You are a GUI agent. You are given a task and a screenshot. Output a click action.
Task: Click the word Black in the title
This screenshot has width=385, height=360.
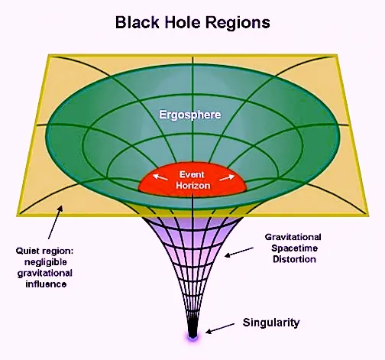[137, 22]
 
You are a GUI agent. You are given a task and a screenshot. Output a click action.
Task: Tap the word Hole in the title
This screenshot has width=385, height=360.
[182, 22]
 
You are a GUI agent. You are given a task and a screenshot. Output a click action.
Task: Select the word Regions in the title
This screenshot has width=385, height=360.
[238, 23]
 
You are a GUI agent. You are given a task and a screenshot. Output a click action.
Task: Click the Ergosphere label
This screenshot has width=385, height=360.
[190, 115]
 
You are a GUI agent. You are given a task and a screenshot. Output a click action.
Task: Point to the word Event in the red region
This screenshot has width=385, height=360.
[192, 174]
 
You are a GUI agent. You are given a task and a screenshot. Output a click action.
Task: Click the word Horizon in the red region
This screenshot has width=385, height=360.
[193, 185]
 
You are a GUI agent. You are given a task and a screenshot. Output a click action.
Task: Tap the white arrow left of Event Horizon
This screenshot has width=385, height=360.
[160, 177]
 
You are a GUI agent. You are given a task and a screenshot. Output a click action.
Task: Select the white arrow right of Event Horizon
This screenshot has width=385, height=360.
[227, 177]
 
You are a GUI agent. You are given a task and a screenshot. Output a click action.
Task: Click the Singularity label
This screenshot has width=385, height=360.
[271, 323]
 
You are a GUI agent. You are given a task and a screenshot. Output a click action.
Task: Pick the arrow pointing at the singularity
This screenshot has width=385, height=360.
[220, 328]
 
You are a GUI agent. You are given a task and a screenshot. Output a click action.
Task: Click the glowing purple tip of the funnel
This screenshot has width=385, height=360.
[192, 337]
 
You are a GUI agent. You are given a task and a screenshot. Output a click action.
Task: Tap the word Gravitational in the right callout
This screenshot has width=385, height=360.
[293, 237]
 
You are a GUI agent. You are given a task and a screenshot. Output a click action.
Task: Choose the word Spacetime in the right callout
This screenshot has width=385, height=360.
[294, 248]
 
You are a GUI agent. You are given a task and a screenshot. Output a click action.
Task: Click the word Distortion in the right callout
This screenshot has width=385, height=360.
[294, 259]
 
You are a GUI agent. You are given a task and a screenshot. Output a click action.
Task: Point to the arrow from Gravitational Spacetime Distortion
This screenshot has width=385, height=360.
[239, 251]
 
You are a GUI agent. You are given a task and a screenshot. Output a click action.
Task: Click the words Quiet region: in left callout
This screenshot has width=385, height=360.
[44, 251]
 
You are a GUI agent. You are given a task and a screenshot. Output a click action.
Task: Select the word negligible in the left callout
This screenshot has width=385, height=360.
[46, 262]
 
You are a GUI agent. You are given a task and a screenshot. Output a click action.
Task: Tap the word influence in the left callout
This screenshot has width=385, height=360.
[46, 284]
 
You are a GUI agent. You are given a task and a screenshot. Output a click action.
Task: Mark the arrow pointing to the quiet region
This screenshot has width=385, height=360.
[55, 222]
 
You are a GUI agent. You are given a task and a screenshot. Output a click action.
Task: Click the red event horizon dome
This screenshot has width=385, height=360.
[192, 180]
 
